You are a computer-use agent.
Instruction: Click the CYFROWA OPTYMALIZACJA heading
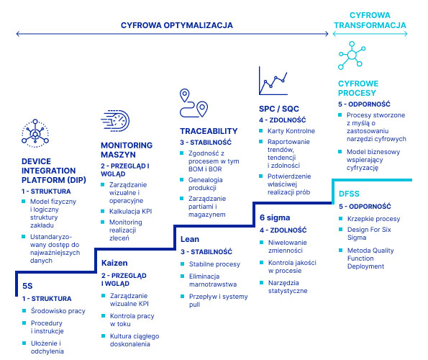177,25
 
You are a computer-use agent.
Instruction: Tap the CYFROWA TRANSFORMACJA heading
370,20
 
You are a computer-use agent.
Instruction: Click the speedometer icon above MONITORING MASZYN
115,120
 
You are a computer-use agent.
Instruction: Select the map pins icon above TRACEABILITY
193,103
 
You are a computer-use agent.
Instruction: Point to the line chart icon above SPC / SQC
273,81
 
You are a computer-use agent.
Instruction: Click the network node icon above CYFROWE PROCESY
352,55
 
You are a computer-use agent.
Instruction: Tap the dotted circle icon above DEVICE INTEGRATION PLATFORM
35,133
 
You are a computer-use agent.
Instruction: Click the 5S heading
27,286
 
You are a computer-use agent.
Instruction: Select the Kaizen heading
114,263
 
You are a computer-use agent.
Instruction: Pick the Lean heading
190,239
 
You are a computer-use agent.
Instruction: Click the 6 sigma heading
275,217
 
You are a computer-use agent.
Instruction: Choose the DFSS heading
349,194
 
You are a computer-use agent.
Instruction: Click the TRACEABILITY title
209,131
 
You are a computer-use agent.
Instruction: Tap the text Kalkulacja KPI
130,212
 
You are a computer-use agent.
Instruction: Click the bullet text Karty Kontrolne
291,131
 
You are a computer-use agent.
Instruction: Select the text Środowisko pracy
58,311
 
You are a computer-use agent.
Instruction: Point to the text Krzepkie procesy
373,219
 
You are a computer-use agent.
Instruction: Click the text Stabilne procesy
214,264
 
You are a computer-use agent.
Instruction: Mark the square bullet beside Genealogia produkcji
181,179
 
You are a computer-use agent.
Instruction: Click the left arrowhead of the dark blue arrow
17,34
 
